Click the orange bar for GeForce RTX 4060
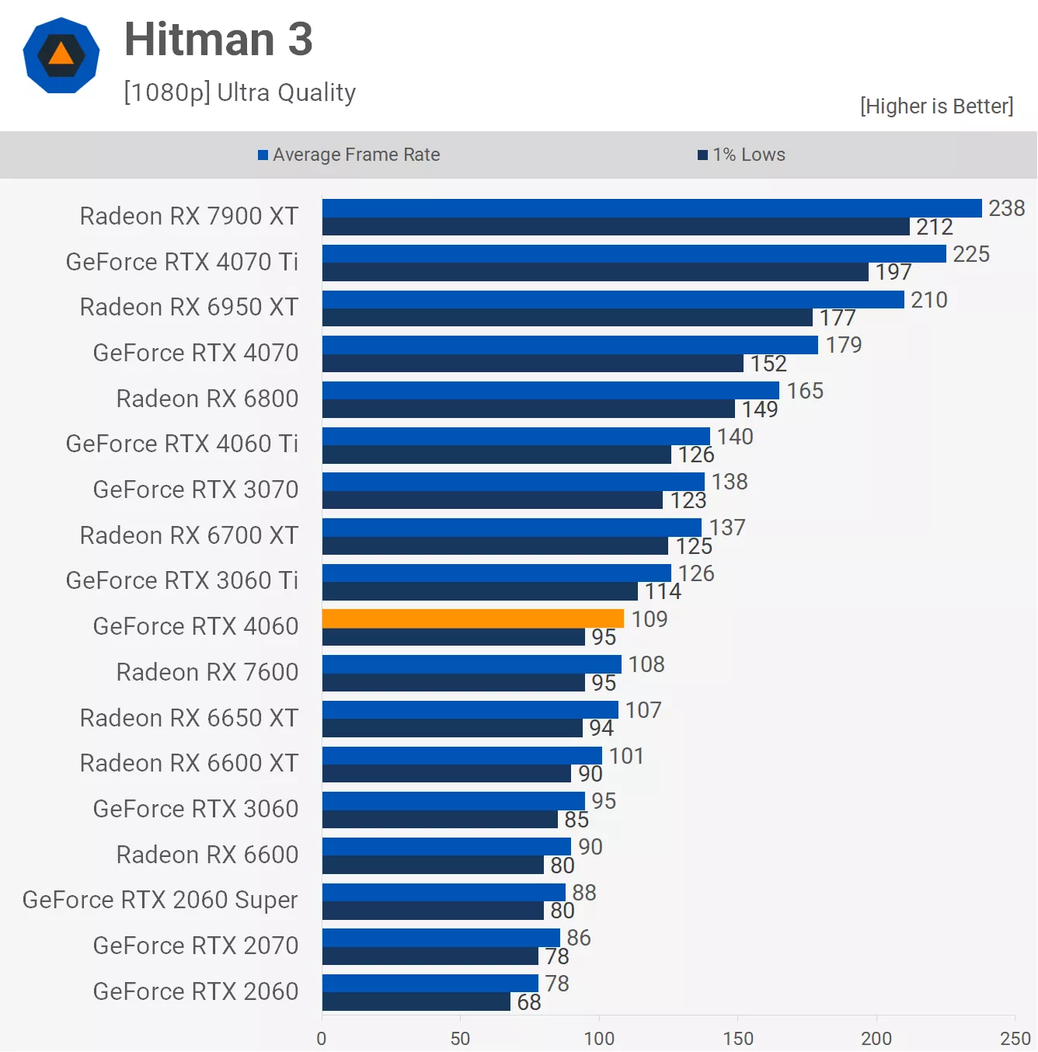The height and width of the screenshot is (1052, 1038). tap(472, 618)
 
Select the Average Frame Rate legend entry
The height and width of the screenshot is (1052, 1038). tap(349, 155)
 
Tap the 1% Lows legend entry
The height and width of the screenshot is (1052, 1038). tap(742, 155)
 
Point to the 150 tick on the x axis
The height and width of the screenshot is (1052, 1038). tap(737, 1038)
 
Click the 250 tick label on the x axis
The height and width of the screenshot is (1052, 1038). tap(1015, 1038)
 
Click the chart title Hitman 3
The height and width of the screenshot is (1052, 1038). tap(218, 40)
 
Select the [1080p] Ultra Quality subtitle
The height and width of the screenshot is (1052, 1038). tap(239, 92)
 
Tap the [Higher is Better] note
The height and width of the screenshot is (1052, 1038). tap(936, 106)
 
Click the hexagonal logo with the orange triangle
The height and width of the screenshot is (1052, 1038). tap(61, 55)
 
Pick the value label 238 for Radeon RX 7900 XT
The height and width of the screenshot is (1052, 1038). tap(1006, 208)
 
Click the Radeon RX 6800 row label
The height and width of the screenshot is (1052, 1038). tap(207, 399)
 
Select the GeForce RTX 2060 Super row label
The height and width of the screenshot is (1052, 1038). tap(160, 900)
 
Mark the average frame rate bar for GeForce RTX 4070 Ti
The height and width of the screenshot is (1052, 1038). tap(634, 254)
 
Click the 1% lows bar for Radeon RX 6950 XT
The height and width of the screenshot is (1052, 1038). tap(567, 318)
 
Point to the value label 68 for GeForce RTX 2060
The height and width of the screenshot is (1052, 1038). tap(529, 1002)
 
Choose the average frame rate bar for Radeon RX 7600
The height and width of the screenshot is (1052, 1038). tap(472, 664)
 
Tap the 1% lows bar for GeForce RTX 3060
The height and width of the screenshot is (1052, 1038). tap(440, 820)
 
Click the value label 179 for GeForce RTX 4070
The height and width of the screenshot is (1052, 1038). tap(844, 345)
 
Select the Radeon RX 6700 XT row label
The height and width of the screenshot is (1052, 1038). tap(189, 535)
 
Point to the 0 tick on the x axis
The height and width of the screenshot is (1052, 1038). tap(322, 1038)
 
